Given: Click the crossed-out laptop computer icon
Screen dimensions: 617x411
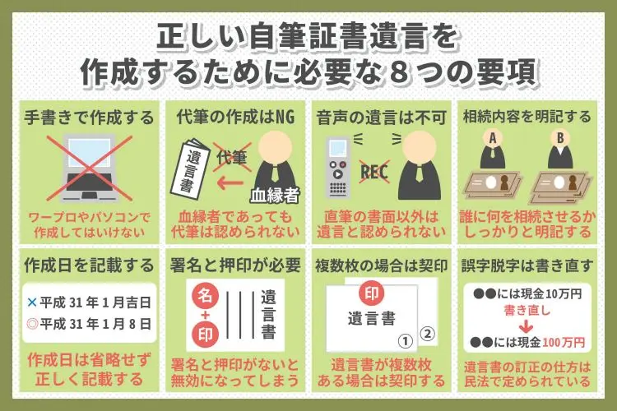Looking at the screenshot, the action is point(90,169).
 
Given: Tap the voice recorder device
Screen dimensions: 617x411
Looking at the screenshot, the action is point(337,167).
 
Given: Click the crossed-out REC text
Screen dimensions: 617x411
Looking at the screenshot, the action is point(374,173).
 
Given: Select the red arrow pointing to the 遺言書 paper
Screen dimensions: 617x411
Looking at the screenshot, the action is point(230,182).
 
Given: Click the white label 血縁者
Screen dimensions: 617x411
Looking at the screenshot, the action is point(275,195).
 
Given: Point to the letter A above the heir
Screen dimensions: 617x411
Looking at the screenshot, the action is point(493,138).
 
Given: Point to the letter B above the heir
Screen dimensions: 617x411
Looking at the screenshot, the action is point(560,138).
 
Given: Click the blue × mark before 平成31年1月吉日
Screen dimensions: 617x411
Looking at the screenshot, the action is point(32,302).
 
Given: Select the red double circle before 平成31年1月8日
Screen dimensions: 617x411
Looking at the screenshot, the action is point(32,324).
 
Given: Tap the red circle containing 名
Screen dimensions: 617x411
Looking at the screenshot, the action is point(205,296).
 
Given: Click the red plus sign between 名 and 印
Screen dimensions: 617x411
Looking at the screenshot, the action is point(205,316).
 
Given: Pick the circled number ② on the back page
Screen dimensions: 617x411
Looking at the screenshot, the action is point(427,334).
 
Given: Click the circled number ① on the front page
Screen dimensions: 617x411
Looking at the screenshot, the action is point(406,341).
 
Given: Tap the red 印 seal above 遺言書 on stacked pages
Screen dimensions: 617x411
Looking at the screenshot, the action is point(372,293).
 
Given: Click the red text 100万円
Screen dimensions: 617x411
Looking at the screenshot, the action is point(564,343).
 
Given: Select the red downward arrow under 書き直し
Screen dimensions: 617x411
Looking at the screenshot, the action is point(527,327).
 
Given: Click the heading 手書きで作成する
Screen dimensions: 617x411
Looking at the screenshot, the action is point(89,118).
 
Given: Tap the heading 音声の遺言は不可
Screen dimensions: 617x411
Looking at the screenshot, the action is point(381,118).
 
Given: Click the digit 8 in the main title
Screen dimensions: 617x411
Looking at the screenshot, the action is point(398,73).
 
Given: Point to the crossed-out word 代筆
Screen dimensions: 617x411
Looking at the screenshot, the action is point(232,158).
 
